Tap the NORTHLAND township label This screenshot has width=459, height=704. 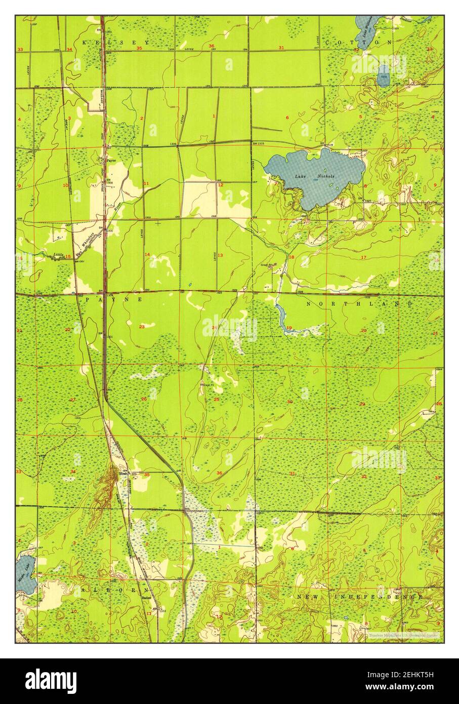[x=359, y=303]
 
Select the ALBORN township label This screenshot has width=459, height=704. [x=113, y=591]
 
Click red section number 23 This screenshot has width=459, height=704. [x=142, y=327]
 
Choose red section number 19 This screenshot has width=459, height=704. [x=289, y=328]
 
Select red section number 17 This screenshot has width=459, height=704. [x=363, y=258]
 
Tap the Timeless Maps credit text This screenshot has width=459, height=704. [x=403, y=635]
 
